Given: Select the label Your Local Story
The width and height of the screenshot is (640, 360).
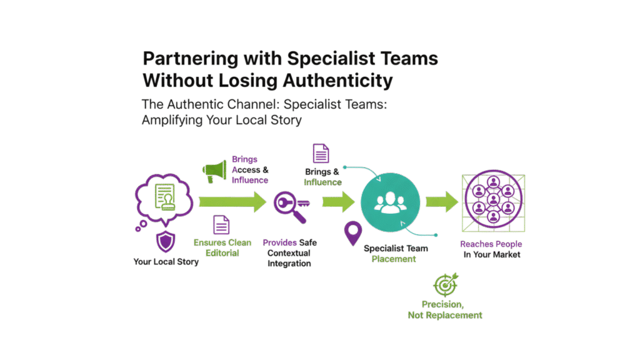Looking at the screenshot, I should click(166, 261).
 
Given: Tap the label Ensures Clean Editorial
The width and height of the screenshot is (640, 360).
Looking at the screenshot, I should click(222, 248).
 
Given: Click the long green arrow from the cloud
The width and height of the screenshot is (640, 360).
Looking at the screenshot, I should click(232, 201).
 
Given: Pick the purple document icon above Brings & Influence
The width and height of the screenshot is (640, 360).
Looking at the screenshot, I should click(321, 154).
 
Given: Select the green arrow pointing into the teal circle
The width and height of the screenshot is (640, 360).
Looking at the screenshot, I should click(338, 201).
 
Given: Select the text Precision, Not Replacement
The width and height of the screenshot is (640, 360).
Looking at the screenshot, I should click(451, 309).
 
